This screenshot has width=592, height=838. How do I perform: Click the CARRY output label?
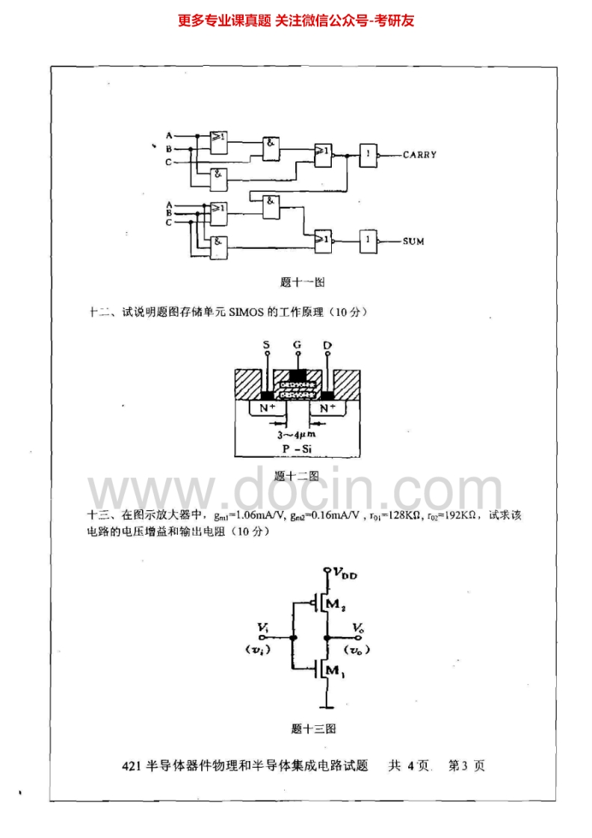coord(419,155)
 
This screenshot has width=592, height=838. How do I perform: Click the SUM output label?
coord(413,241)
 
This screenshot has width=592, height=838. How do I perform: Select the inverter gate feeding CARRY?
coord(369,155)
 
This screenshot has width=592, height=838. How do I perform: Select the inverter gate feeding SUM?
coord(369,240)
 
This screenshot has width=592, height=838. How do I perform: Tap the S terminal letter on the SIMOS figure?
coord(267,345)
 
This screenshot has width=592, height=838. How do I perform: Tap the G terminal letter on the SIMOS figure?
coord(297,345)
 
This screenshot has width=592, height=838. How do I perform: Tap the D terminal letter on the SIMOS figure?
coord(327,345)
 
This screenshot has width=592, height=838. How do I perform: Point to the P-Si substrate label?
coord(297,447)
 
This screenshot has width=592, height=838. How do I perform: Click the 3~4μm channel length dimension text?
coord(296,433)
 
